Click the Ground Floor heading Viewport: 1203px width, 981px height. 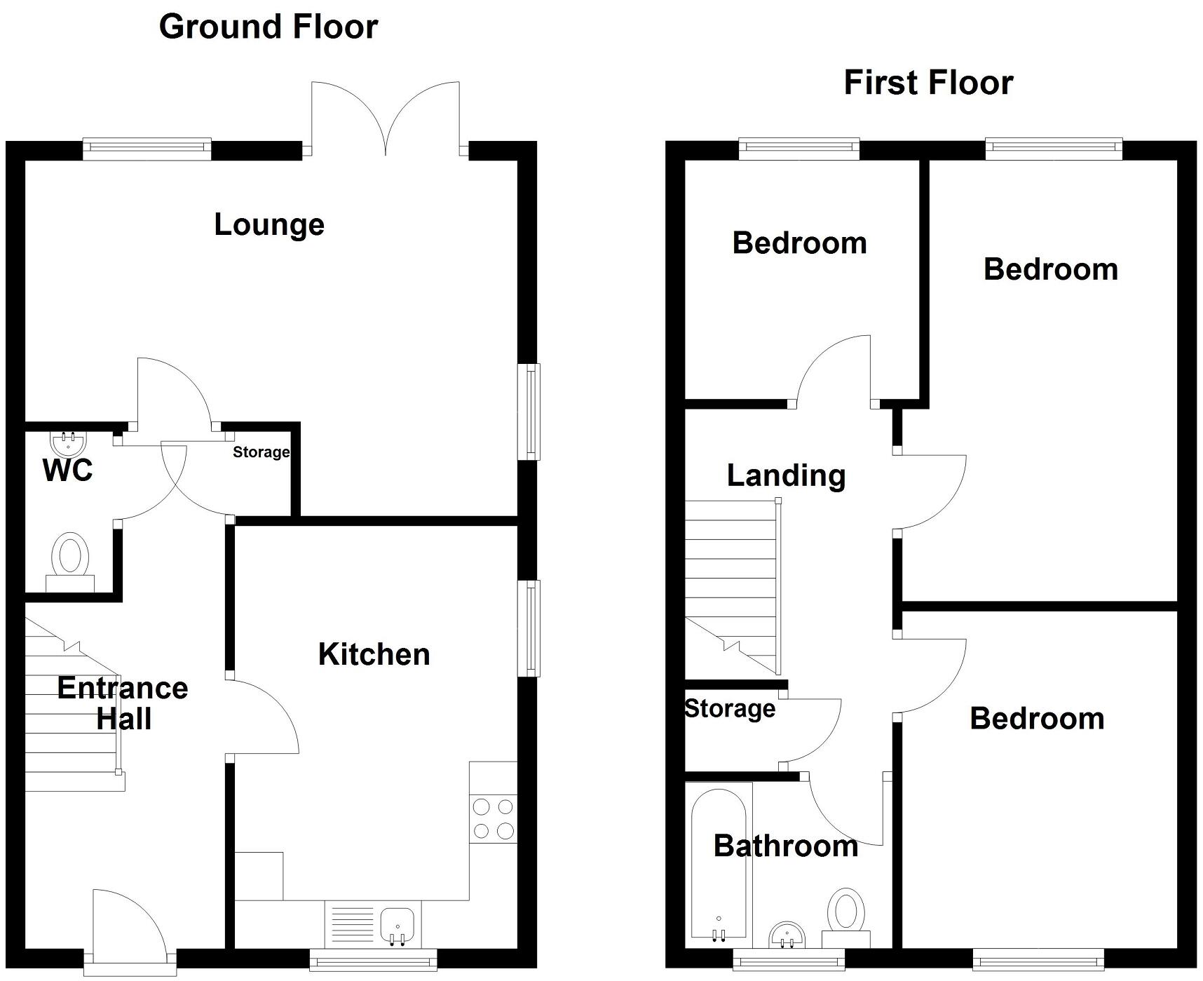[269, 27]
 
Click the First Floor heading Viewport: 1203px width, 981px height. [927, 83]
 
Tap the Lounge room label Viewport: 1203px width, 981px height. [269, 225]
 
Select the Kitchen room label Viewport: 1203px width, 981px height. [374, 654]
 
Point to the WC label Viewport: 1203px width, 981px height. [67, 471]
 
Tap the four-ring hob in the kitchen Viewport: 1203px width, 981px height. [493, 819]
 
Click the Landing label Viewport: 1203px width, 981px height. [786, 475]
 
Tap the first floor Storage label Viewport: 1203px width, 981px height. [730, 708]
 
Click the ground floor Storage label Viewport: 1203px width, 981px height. [261, 452]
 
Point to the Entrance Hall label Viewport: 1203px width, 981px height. [123, 703]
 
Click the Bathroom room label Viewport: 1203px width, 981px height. [785, 846]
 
